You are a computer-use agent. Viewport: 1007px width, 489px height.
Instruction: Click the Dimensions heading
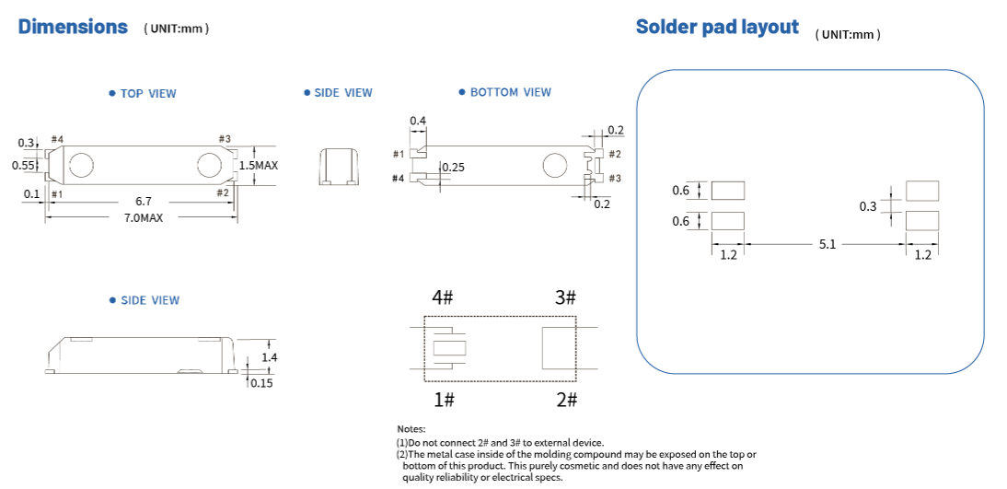[73, 27]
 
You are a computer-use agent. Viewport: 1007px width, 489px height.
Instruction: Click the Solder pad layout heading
[717, 27]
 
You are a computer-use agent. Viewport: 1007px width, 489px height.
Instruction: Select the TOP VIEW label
[148, 93]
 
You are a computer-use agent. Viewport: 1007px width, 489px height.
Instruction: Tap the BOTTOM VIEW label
[510, 92]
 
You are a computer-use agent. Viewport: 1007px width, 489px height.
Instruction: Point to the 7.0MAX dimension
[144, 218]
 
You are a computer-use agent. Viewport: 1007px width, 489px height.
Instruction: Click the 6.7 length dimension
[144, 200]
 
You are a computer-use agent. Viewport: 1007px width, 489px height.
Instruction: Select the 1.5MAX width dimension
[259, 165]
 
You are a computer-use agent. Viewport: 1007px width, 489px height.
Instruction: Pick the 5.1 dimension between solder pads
[827, 245]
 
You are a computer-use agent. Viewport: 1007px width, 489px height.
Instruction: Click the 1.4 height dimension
[269, 357]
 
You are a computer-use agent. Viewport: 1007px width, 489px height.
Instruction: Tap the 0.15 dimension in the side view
[261, 383]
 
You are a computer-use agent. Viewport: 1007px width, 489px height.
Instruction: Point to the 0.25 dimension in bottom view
[453, 168]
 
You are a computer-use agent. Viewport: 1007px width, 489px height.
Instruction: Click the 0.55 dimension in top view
[23, 166]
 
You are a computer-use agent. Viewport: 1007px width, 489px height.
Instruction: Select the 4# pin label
[443, 297]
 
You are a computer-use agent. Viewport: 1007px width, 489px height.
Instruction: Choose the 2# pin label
[566, 400]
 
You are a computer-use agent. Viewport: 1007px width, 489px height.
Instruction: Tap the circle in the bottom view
[555, 166]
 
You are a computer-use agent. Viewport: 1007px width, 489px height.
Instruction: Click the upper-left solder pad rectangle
[728, 191]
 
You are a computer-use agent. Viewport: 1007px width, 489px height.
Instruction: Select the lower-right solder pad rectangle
[922, 220]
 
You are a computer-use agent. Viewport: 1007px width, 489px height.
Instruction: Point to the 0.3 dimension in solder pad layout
[868, 206]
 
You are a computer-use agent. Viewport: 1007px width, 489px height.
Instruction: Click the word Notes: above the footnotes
[411, 430]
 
